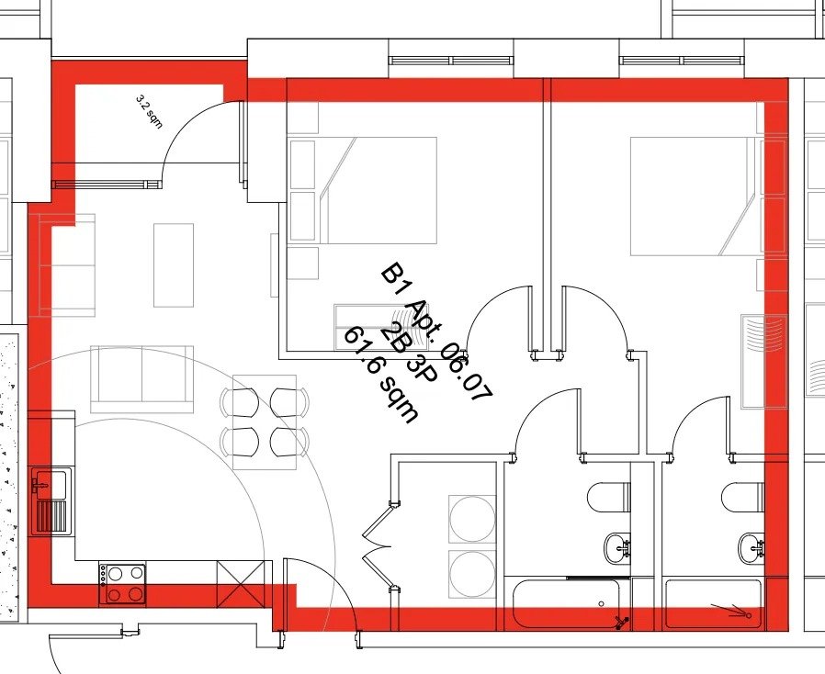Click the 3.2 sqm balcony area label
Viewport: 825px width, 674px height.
coord(150,111)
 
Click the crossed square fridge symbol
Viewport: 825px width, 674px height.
coord(242,584)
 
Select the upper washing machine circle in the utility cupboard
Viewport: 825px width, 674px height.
coord(472,519)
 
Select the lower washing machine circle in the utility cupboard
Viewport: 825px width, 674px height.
coord(472,574)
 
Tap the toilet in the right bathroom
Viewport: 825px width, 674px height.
coord(743,498)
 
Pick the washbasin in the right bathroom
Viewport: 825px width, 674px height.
coord(752,548)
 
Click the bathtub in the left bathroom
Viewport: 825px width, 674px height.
coord(567,603)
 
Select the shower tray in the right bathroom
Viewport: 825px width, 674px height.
coord(713,603)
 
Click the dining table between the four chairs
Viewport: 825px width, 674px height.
coord(265,422)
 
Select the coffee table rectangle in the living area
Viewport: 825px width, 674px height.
coord(174,265)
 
